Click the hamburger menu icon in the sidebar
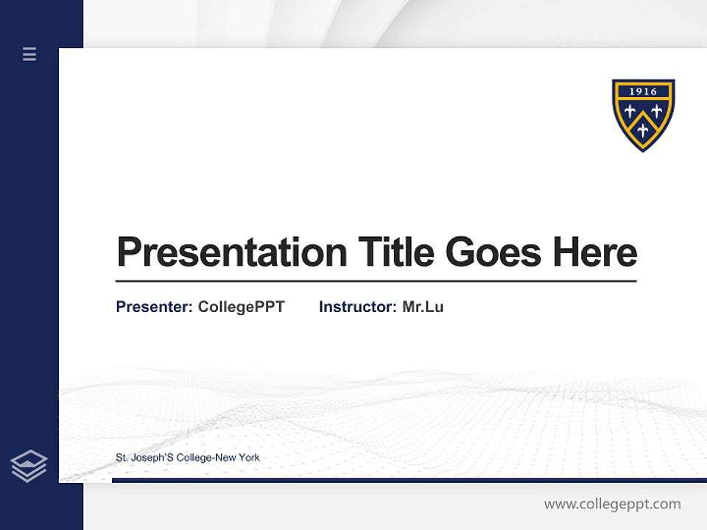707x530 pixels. [x=29, y=54]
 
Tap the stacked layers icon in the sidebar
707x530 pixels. [x=29, y=466]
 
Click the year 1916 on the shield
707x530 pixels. [x=643, y=92]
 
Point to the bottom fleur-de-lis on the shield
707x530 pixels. [x=643, y=130]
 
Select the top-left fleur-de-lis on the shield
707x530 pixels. [x=630, y=111]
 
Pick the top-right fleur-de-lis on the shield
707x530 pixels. [x=656, y=111]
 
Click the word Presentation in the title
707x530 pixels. [x=231, y=252]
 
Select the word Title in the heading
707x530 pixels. [x=395, y=252]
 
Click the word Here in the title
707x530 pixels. [x=595, y=252]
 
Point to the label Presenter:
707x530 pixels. [x=155, y=307]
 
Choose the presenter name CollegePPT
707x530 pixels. [x=241, y=307]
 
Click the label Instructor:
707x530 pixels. [x=358, y=307]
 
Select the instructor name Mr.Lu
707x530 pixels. [x=423, y=307]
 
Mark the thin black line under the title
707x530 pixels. [x=376, y=281]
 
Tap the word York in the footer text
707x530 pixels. [x=248, y=457]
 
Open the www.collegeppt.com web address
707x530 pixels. [x=612, y=504]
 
